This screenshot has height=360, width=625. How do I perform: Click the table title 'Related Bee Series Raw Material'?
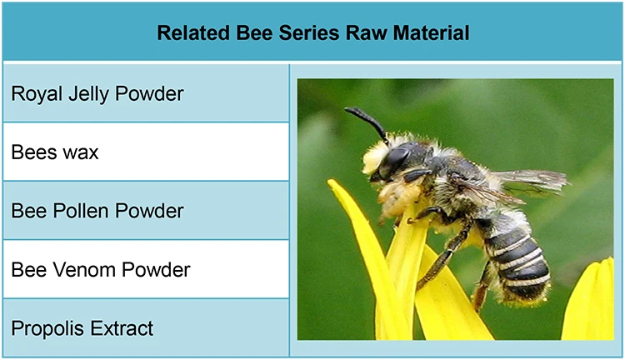(x=312, y=33)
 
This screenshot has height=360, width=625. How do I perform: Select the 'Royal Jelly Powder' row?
(x=97, y=93)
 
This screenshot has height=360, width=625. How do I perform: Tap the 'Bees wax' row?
(x=55, y=152)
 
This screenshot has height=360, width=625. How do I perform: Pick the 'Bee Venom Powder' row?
(x=100, y=269)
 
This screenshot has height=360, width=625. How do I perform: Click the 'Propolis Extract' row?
(x=82, y=328)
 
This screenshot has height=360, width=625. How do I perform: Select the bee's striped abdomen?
(x=517, y=258)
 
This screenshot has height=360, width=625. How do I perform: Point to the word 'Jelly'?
(x=88, y=94)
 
